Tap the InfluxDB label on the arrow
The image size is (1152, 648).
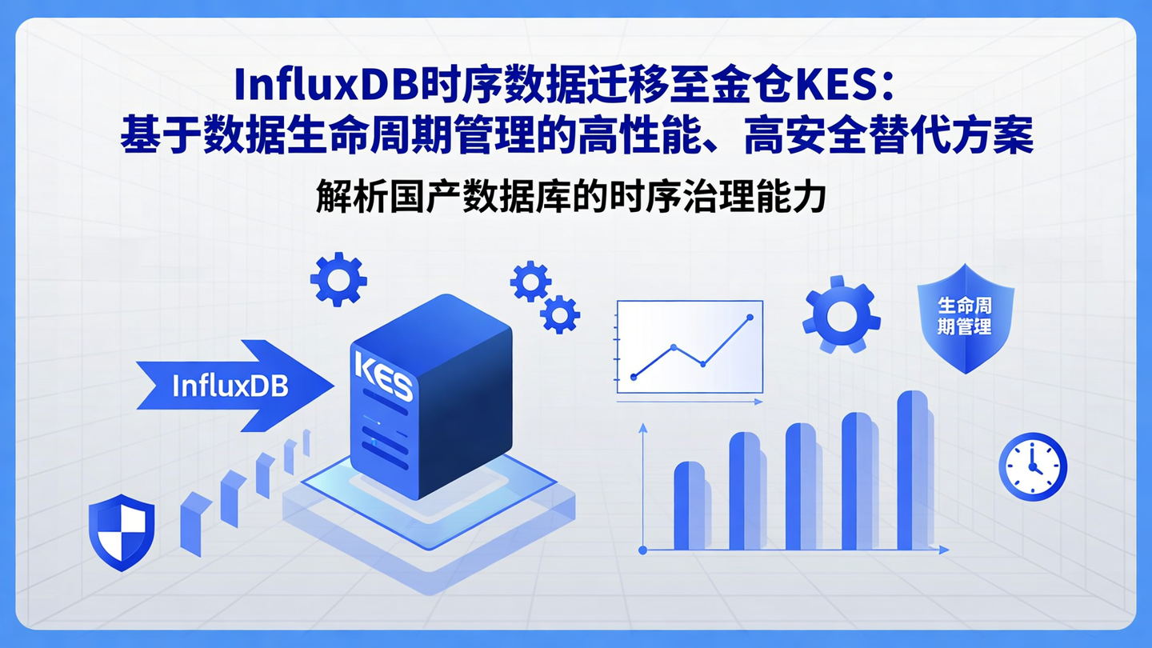[230, 386]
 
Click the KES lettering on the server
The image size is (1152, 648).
[382, 377]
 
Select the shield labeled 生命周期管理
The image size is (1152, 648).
[965, 318]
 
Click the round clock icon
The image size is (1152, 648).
[1032, 467]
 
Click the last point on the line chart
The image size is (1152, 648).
[750, 318]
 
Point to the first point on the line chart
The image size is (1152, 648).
[634, 377]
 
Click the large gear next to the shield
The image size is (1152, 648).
[841, 315]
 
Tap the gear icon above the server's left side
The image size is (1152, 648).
[338, 279]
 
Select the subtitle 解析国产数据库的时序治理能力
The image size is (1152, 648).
[570, 197]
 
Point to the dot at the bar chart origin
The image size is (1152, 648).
[642, 550]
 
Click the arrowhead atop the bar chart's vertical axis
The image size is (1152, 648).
[642, 429]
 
